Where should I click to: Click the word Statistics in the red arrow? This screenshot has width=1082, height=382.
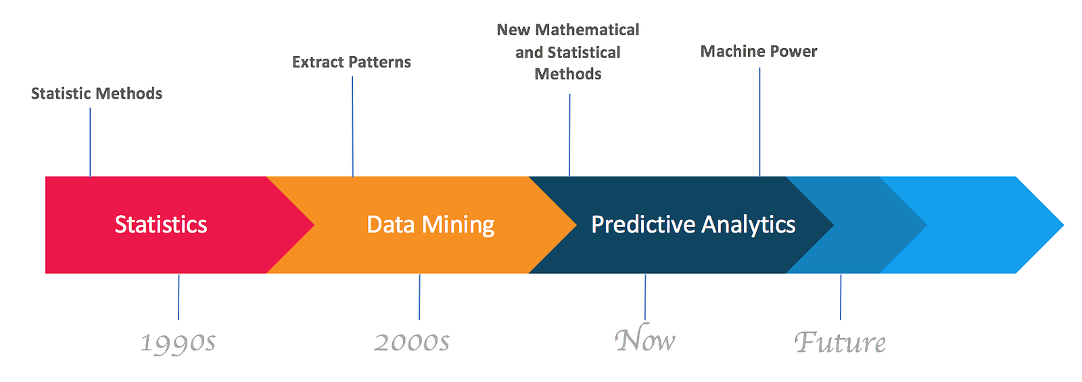click(x=161, y=224)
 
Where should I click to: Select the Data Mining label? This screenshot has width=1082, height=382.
click(x=430, y=225)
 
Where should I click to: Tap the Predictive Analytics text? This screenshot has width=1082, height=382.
click(x=693, y=225)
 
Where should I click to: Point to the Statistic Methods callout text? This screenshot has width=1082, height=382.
click(x=97, y=93)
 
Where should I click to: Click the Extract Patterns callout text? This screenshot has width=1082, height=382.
click(x=352, y=62)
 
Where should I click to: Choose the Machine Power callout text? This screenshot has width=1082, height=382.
click(x=759, y=51)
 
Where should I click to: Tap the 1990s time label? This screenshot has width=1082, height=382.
click(x=178, y=343)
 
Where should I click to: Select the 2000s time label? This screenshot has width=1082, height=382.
click(x=412, y=342)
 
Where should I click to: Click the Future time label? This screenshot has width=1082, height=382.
click(x=840, y=342)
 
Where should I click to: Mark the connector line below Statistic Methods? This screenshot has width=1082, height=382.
click(x=91, y=143)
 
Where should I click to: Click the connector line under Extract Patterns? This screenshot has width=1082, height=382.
click(x=352, y=126)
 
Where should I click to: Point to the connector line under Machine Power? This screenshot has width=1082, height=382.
click(x=760, y=122)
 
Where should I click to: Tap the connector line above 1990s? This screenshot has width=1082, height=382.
click(x=179, y=297)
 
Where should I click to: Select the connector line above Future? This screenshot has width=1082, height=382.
click(x=841, y=297)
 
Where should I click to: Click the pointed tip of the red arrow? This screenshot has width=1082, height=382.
click(x=314, y=224)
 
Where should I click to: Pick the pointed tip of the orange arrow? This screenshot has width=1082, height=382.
click(x=577, y=224)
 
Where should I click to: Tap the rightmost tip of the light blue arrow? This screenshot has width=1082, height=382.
click(x=1064, y=224)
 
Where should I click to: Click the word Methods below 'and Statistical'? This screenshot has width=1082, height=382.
click(x=568, y=74)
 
